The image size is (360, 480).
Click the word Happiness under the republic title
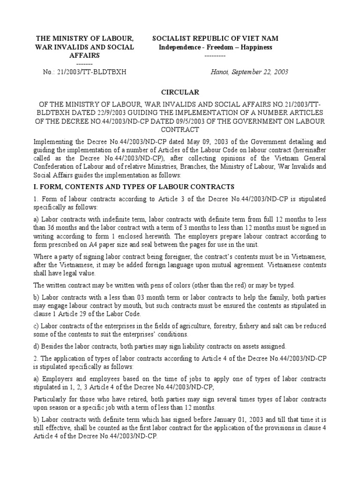point(255,47)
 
